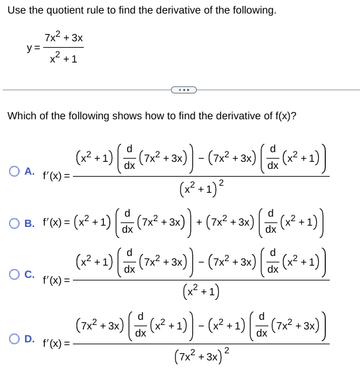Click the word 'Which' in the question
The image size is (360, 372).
coord(21,116)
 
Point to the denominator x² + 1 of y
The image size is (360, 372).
coord(64,59)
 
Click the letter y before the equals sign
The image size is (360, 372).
coord(29,48)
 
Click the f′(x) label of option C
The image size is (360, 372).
coord(55,280)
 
